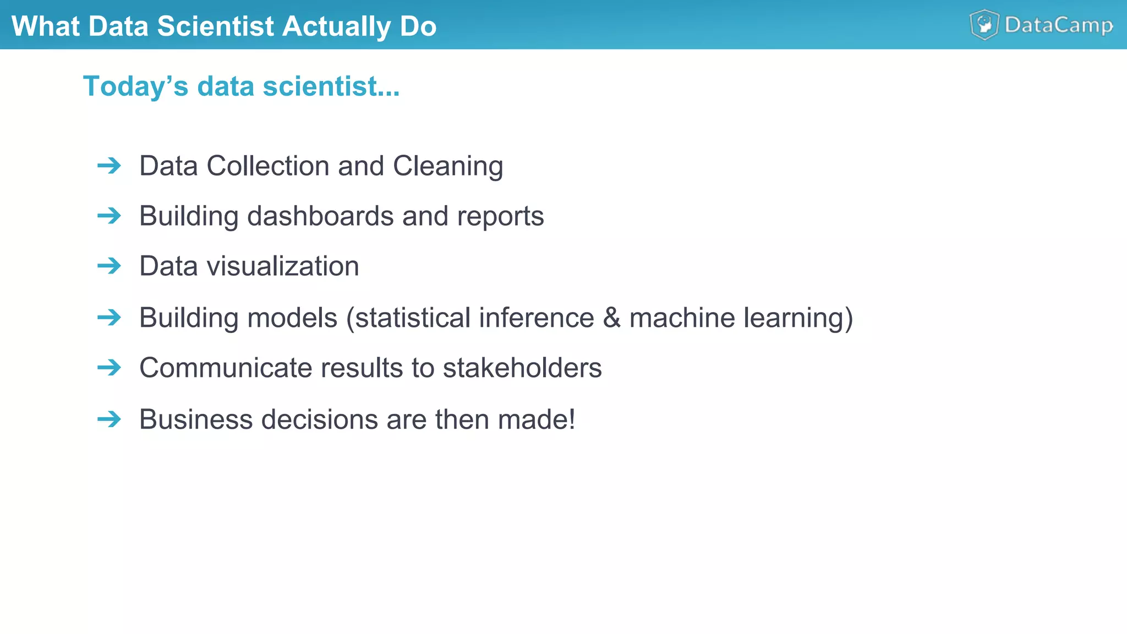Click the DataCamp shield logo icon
(984, 25)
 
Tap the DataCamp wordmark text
(1059, 25)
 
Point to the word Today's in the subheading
(135, 86)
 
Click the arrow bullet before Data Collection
(109, 166)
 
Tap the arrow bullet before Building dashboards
(109, 216)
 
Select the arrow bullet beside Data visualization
(109, 266)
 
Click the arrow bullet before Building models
(109, 318)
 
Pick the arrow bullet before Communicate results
(109, 368)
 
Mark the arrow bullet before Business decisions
(109, 419)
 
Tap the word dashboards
(320, 216)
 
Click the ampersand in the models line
(611, 318)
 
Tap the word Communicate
(226, 368)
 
